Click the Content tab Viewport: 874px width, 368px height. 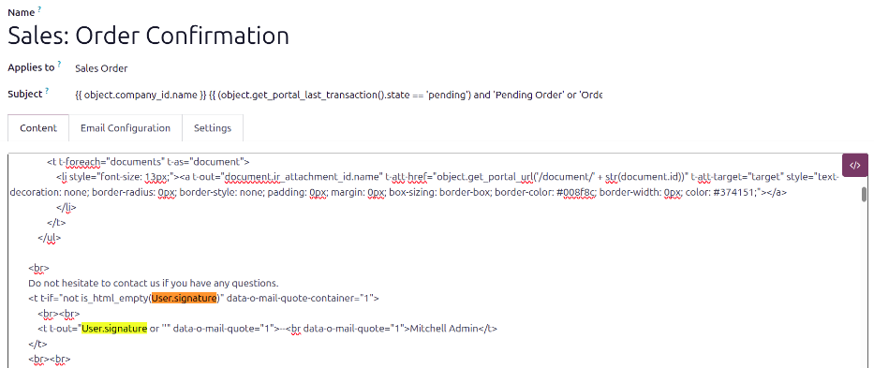38,127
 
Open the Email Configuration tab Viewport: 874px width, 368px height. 126,127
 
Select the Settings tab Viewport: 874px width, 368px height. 213,127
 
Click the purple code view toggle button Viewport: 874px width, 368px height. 855,165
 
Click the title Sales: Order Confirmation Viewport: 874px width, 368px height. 148,36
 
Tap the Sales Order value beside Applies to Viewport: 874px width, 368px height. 101,68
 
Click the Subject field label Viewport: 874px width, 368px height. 25,95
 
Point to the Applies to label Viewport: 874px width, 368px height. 31,68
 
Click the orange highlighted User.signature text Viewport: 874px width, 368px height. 185,298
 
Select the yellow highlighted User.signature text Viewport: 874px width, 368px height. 114,328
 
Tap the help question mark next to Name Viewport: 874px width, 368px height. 39,10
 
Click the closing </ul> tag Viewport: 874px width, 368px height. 49,237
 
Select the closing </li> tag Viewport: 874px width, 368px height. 67,207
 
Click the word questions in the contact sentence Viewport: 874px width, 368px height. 258,283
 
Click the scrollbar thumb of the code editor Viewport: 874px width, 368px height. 864,194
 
